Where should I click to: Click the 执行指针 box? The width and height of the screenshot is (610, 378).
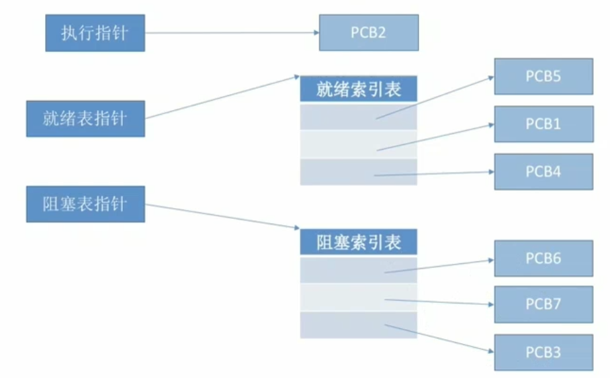point(94,33)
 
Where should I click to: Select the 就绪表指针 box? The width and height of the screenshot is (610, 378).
point(85,118)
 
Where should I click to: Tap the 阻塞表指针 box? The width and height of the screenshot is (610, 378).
point(85,204)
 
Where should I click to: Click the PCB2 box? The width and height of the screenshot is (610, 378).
point(368,33)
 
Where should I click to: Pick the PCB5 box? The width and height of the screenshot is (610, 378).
point(543,76)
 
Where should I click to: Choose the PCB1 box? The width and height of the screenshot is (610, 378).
point(543,124)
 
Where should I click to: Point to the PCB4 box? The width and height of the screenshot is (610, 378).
point(543,171)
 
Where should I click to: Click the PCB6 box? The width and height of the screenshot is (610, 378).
point(543,258)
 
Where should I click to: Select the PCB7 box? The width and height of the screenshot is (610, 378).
point(543,304)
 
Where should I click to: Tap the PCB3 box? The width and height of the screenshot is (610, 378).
point(543,352)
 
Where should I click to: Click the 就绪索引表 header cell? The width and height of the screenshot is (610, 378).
point(358,89)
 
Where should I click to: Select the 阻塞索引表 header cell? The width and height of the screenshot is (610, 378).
point(358,242)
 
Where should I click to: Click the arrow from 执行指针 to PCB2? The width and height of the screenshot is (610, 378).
point(232,33)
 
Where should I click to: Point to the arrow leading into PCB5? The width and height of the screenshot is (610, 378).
point(437,97)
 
